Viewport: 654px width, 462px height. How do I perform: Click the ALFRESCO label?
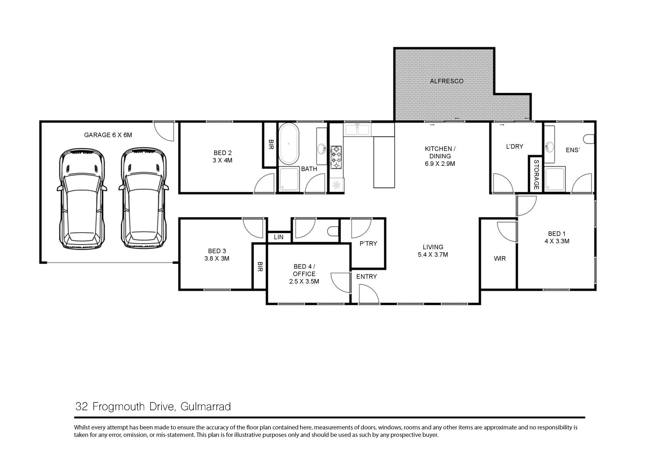click(447, 81)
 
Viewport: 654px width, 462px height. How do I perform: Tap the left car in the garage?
click(82, 198)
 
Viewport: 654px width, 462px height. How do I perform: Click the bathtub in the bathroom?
click(289, 144)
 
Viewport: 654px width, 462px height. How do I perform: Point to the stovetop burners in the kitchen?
click(336, 157)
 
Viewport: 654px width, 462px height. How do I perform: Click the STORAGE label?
click(536, 175)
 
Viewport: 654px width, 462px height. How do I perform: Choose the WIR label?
click(500, 258)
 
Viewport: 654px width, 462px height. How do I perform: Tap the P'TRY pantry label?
click(368, 243)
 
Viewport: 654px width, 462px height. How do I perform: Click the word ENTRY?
click(367, 276)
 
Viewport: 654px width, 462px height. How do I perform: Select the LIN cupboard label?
click(279, 237)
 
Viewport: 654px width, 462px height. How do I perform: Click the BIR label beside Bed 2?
click(271, 144)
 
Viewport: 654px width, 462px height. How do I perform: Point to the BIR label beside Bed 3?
click(260, 267)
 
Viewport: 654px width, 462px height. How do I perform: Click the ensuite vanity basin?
click(549, 147)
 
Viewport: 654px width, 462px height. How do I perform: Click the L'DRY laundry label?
click(515, 146)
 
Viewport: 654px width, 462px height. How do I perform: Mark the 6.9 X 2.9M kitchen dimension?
click(440, 163)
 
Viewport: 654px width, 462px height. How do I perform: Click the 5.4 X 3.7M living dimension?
click(433, 255)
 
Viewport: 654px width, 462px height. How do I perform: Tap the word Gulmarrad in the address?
click(206, 407)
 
